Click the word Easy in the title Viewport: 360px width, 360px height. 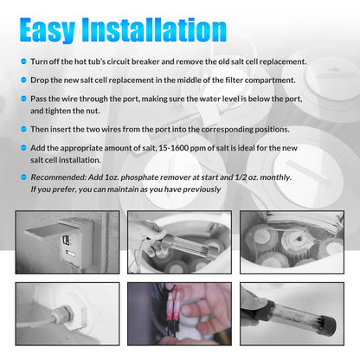[x=48, y=30]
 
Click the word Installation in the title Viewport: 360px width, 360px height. [x=154, y=30]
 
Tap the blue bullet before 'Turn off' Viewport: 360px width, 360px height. [x=23, y=61]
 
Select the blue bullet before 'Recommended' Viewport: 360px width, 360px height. [x=23, y=177]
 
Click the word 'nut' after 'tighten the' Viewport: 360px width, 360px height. [x=93, y=111]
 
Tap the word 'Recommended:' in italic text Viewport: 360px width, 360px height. [x=59, y=177]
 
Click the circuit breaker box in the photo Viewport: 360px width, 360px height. [x=77, y=243]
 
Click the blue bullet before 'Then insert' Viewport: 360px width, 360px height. [x=23, y=129]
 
